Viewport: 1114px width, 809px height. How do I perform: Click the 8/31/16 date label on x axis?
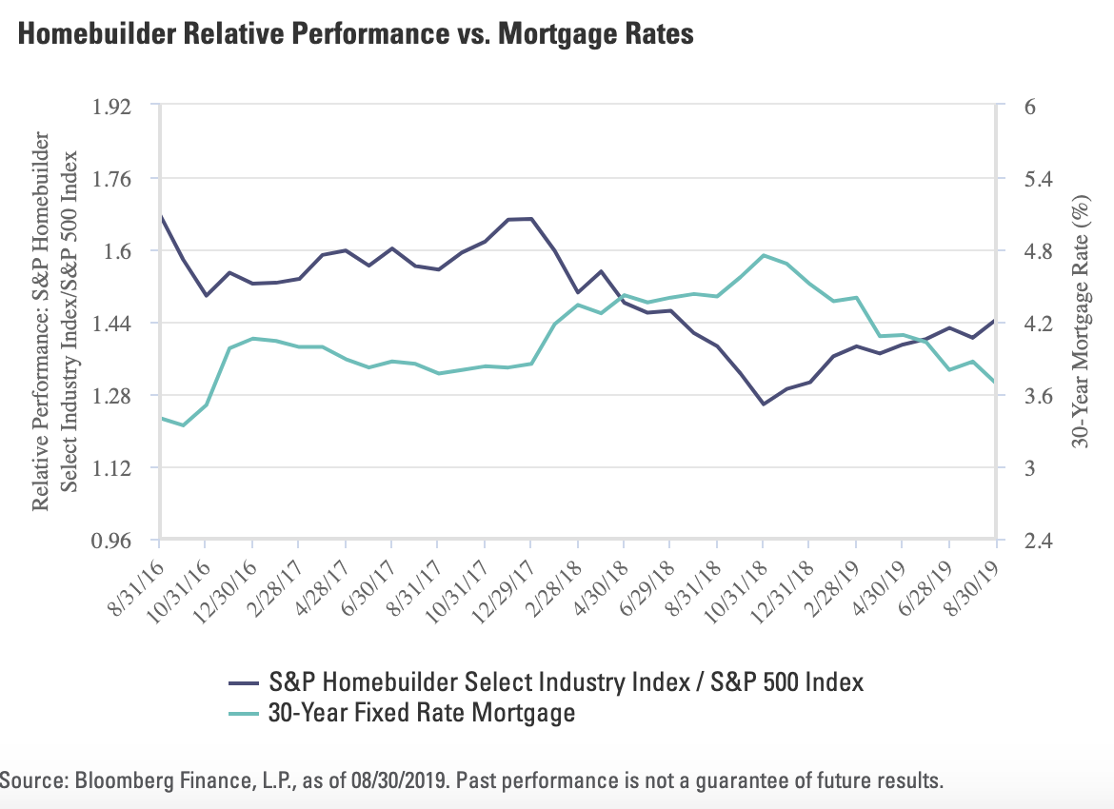tap(133, 578)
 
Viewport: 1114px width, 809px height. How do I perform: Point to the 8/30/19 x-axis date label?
tap(971, 578)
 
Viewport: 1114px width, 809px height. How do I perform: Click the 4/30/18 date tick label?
tap(597, 579)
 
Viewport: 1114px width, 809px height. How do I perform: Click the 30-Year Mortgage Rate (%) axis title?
tap(1080, 323)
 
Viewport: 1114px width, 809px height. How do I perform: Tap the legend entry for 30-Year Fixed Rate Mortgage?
tap(423, 711)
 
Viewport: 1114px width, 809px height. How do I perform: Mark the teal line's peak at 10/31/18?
tap(763, 255)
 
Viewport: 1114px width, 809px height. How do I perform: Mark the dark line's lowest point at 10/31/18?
tap(763, 404)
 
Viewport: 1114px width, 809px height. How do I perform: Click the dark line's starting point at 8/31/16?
tap(160, 217)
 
